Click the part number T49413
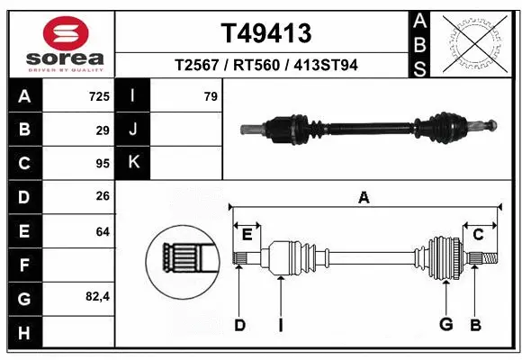[x=265, y=33]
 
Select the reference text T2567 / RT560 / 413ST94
[x=266, y=67]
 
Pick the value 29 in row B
[x=102, y=130]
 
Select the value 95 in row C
[x=102, y=164]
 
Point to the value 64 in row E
[x=102, y=231]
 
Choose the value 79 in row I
[x=210, y=96]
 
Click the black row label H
[x=23, y=332]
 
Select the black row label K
[x=132, y=164]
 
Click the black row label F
[x=23, y=265]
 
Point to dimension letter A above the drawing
[x=364, y=197]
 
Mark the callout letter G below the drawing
[x=445, y=325]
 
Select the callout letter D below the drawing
[x=239, y=325]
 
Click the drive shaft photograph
[x=369, y=128]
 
